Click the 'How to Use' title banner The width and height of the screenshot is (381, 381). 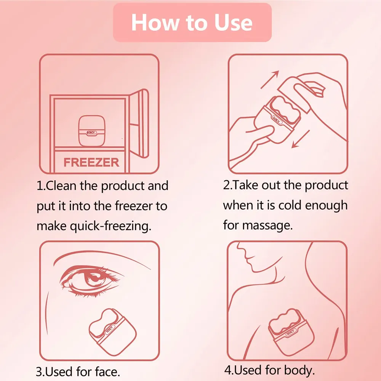[x=192, y=22]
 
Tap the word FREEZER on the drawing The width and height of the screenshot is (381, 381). [x=91, y=162]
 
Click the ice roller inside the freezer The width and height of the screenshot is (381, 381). [x=91, y=130]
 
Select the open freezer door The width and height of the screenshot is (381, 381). [x=139, y=124]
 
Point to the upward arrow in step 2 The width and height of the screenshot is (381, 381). [x=270, y=80]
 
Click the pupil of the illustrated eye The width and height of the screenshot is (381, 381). [x=93, y=280]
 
